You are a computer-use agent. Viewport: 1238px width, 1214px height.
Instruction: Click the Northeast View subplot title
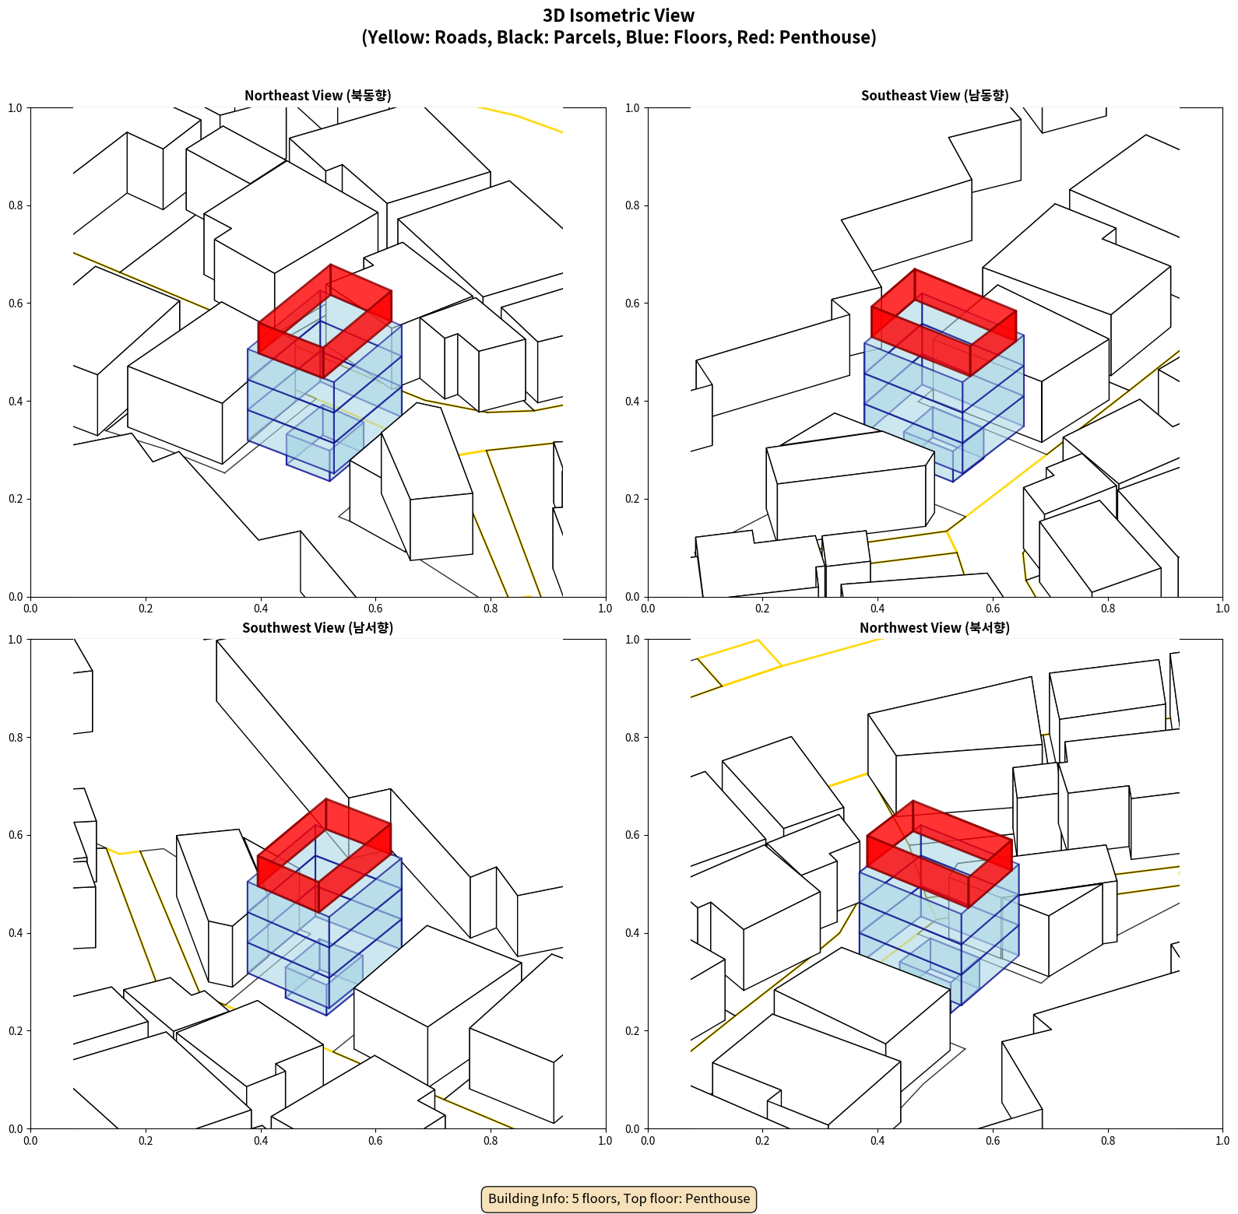click(318, 96)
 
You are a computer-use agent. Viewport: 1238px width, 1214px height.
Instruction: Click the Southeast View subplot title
click(934, 96)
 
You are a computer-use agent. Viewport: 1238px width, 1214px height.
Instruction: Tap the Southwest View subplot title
click(318, 628)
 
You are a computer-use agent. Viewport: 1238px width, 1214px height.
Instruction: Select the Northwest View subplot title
click(934, 628)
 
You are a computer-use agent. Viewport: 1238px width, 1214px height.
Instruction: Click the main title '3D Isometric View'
click(618, 16)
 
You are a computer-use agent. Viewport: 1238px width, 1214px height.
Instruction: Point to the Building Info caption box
click(619, 1198)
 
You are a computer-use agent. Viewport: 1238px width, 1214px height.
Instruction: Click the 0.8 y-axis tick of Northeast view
click(16, 205)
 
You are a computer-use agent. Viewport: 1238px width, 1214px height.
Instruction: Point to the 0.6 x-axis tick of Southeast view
click(993, 609)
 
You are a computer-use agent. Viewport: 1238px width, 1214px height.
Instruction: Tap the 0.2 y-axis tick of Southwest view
click(16, 1031)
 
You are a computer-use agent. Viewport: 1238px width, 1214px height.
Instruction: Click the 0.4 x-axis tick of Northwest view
click(878, 1141)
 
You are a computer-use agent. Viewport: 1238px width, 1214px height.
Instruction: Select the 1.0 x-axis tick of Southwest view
click(605, 1141)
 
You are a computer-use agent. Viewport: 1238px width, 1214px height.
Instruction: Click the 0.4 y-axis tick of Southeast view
click(633, 402)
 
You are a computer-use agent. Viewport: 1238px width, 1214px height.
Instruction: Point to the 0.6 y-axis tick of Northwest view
click(633, 836)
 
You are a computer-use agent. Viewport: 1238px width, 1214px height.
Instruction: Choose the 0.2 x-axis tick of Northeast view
click(146, 609)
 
